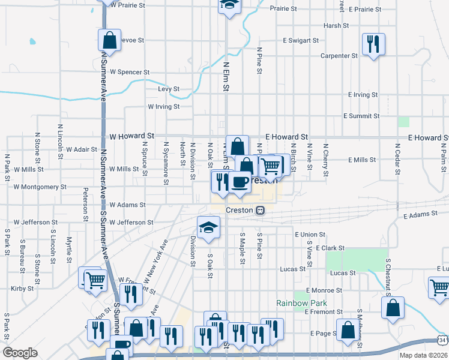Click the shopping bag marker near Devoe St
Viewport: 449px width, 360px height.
tap(110, 41)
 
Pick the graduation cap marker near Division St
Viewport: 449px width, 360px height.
tap(208, 227)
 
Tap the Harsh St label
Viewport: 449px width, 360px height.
tap(336, 26)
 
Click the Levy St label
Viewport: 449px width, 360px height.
tap(169, 89)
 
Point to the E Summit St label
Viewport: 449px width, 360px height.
tap(361, 116)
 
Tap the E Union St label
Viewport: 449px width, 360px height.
tap(310, 235)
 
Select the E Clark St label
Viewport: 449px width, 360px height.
tap(328, 248)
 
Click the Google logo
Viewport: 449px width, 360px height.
tap(20, 353)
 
